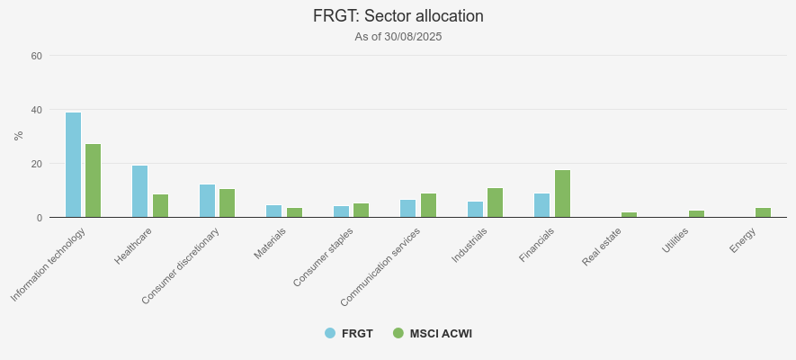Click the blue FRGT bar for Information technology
(73, 165)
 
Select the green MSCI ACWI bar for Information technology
(93, 181)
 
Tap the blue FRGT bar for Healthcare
(139, 192)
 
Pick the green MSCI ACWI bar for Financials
(562, 193)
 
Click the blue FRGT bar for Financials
(541, 205)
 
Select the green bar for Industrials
(495, 202)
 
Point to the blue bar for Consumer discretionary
(207, 201)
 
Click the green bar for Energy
(763, 212)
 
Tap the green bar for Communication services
(428, 205)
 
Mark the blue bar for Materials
(273, 211)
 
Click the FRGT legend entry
(349, 334)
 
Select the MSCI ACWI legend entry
(433, 334)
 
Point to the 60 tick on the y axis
(37, 56)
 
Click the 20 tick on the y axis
(37, 164)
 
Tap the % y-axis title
(18, 136)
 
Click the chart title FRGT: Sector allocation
(398, 16)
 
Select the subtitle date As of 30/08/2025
(398, 37)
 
